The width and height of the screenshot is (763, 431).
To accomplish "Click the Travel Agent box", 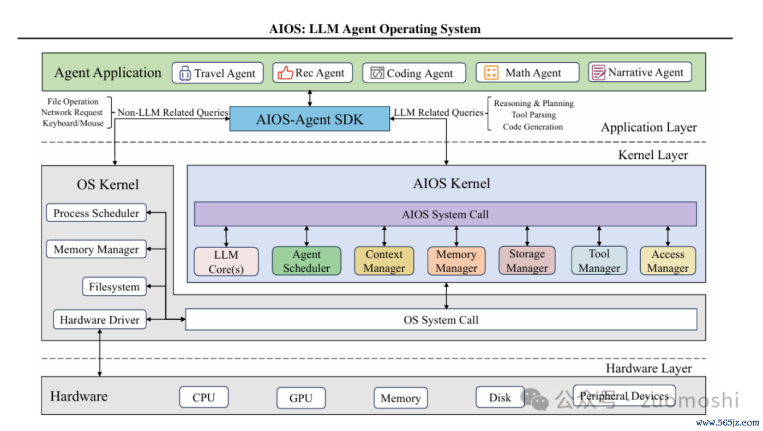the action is point(218,73).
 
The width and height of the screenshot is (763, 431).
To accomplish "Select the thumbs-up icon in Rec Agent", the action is point(285,73).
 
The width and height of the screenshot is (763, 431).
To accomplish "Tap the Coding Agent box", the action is point(414,73).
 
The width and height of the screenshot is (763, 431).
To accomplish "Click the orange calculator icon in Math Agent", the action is point(491,73).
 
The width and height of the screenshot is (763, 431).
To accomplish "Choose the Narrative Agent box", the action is point(640,72).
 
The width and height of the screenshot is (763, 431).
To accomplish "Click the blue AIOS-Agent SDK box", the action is point(310,119).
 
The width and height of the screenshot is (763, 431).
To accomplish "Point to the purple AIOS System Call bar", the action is point(445,214).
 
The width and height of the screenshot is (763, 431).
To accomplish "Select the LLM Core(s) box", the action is point(226,261).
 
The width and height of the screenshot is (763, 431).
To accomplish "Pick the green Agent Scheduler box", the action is point(307,261).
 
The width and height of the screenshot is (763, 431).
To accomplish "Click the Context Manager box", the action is point(384,261).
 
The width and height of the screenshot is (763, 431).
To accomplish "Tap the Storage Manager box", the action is point(527,260).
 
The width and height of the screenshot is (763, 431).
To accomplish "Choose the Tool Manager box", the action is point(599,260).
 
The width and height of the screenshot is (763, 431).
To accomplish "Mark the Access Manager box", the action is point(668,261).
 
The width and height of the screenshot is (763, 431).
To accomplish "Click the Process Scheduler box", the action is point(97,213).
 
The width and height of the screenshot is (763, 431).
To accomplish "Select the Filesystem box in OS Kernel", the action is point(115,286).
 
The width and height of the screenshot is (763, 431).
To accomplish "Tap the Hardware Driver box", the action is point(100,320).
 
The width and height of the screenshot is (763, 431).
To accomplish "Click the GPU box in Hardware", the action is point(301,398).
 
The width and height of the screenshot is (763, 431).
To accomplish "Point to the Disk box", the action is point(500,397).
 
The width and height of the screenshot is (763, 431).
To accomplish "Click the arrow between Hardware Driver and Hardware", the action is point(99,352).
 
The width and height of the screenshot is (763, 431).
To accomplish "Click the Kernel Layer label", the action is point(653,155).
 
